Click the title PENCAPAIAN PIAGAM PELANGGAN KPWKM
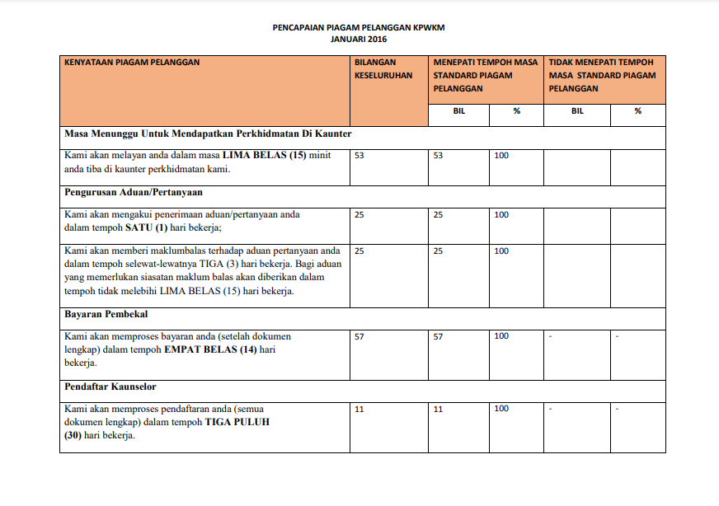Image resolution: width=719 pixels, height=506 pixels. tap(359, 27)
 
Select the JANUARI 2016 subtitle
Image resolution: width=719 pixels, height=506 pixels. tap(359, 39)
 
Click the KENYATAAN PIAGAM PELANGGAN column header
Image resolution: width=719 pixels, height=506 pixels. tap(132, 62)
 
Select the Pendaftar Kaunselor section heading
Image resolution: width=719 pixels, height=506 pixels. tap(110, 387)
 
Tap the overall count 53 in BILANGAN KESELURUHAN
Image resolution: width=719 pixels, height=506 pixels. tap(359, 156)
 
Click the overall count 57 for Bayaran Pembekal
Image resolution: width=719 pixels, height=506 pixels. tap(359, 336)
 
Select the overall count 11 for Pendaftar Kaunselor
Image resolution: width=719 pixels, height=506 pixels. tap(359, 409)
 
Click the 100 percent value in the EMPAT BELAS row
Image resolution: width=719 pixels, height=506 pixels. tap(501, 336)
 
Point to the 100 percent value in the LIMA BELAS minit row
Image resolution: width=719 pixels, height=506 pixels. tap(501, 156)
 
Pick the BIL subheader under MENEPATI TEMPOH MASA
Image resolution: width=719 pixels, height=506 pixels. tap(459, 111)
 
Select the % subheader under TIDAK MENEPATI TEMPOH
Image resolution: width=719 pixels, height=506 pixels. tap(637, 111)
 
